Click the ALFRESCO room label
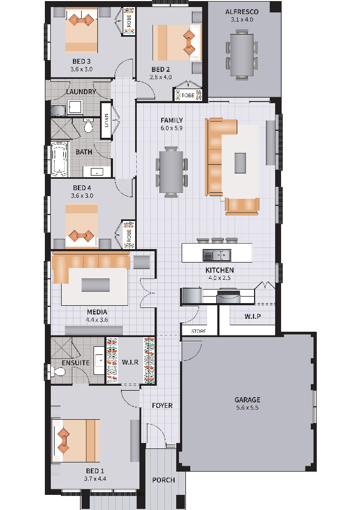point(242,12)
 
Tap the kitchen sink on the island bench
point(217,255)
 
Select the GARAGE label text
point(248,400)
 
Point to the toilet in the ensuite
point(58,371)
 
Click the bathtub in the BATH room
point(59,159)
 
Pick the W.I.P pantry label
point(252,316)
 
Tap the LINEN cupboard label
point(106,120)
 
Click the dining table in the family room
point(171,172)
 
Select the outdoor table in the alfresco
point(242,55)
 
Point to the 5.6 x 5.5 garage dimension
point(248,407)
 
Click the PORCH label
point(163,480)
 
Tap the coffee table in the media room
point(95,285)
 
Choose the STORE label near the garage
point(198,331)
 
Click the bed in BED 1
point(76,441)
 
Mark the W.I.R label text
point(130,362)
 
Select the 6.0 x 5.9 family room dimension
point(171,128)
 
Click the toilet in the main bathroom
point(88,125)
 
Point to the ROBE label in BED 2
point(188,95)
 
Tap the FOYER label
point(162,406)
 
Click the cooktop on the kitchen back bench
point(229,296)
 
